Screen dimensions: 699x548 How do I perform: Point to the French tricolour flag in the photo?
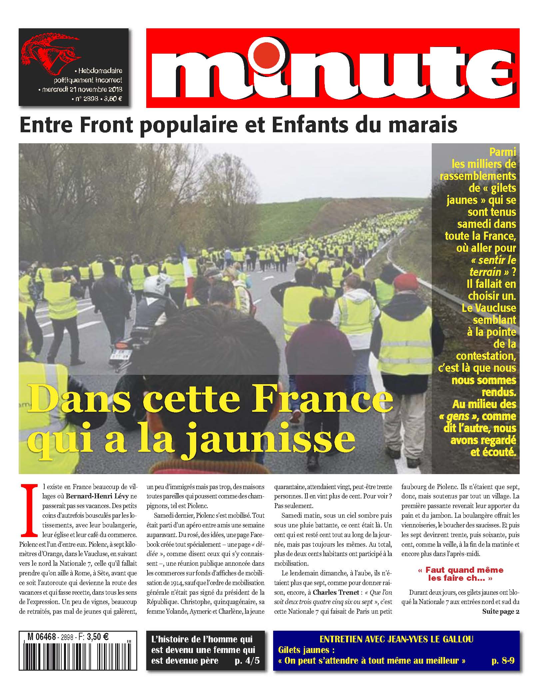[187, 267]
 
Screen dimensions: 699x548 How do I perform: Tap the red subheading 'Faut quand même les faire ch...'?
[460, 574]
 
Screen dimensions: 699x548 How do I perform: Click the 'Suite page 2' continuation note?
[501, 611]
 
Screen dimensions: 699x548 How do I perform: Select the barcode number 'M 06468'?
[42, 637]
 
